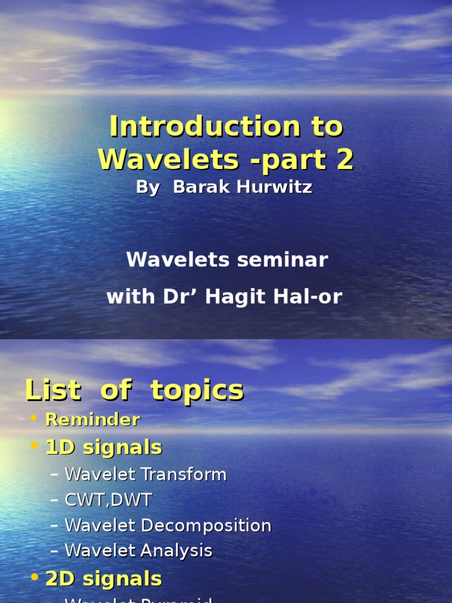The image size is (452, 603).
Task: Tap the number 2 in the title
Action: click(x=345, y=159)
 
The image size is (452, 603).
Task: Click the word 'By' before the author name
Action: click(x=148, y=187)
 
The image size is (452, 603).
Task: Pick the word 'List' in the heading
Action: click(x=53, y=390)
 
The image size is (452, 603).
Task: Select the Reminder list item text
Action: click(x=92, y=420)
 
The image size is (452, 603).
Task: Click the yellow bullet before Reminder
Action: click(x=34, y=419)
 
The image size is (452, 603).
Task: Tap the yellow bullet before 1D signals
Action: click(x=34, y=447)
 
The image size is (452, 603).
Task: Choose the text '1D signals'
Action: click(x=104, y=447)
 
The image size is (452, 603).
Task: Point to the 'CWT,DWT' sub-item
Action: click(x=108, y=500)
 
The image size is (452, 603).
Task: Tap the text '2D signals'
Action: click(x=104, y=578)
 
